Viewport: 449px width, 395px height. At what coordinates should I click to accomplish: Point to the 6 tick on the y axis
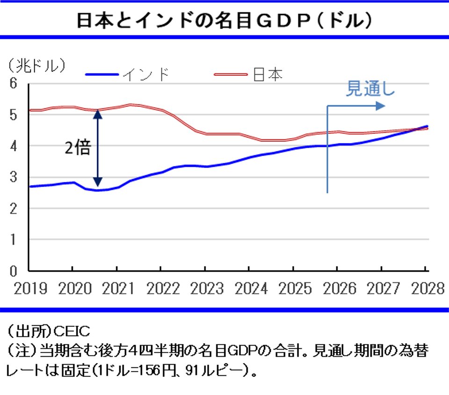14,84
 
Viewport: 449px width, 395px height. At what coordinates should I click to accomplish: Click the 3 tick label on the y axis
14,177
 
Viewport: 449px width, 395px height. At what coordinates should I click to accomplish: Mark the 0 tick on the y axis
14,271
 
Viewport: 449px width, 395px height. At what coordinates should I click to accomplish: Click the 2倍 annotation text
77,148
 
